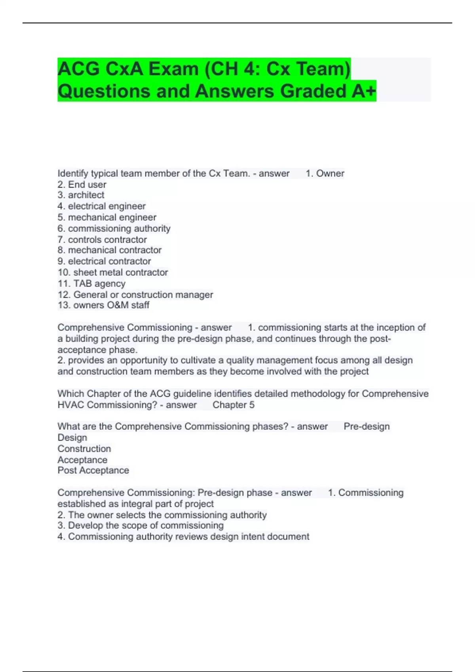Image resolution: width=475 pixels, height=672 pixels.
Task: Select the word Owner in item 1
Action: click(330, 174)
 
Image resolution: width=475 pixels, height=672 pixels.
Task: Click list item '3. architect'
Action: click(81, 195)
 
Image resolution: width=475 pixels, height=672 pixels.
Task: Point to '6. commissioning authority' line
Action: click(114, 228)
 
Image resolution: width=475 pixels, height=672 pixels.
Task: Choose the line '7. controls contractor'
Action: click(102, 240)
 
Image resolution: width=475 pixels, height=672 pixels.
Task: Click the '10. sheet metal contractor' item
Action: click(113, 272)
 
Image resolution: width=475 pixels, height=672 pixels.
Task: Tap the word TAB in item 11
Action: click(82, 283)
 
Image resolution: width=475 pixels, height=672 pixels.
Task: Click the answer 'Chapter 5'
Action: click(234, 405)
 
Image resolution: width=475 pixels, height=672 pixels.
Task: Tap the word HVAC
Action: click(71, 405)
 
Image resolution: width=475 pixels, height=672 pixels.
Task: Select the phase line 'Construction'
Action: click(84, 449)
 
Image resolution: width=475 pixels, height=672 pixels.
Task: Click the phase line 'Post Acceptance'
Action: click(93, 470)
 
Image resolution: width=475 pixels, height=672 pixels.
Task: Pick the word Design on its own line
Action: click(72, 438)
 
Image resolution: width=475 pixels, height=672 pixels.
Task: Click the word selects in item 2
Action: click(131, 515)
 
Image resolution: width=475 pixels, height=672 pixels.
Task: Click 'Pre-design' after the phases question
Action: click(367, 427)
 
